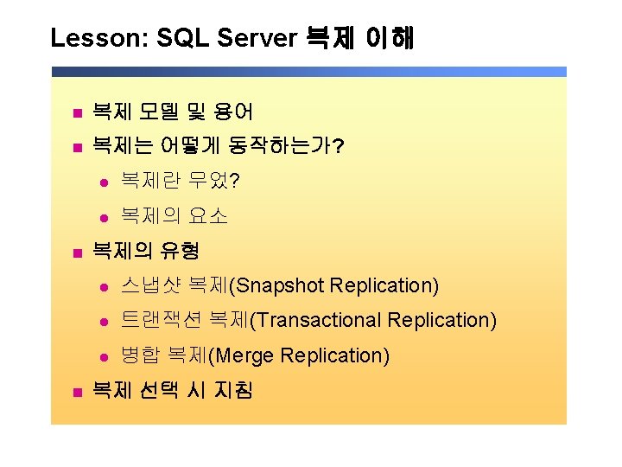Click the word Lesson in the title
point(99,38)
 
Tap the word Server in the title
point(257,38)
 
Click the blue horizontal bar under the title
point(309,72)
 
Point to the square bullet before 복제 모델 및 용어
point(78,113)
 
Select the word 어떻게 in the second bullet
point(189,145)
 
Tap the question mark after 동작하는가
point(338,146)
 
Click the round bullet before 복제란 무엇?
point(105,183)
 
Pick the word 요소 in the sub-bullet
point(208,215)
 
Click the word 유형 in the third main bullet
point(180,251)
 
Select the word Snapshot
point(280,286)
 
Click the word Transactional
point(319,320)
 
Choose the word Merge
point(244,355)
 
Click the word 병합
point(141,355)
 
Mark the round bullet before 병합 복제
point(105,357)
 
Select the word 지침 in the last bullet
point(233,389)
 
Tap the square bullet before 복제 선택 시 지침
point(78,393)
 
